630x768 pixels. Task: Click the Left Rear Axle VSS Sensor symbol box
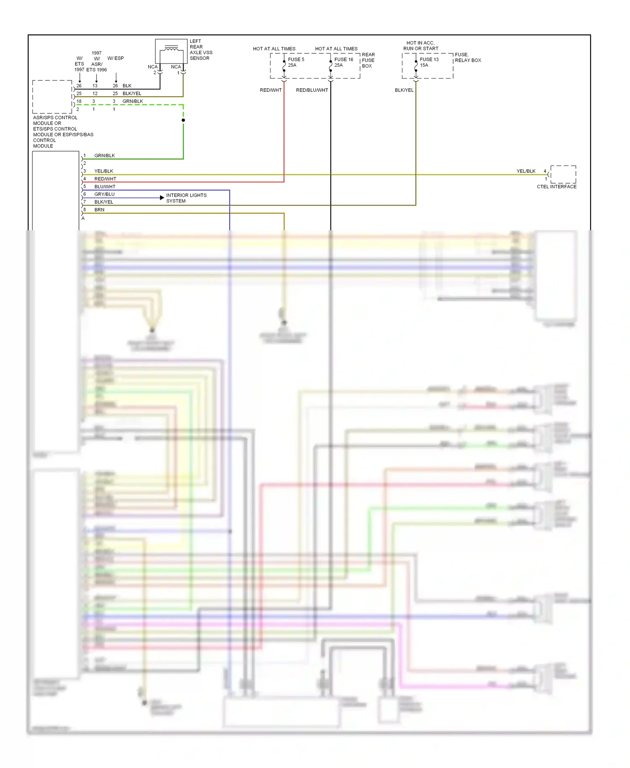click(x=171, y=51)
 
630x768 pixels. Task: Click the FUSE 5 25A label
click(x=296, y=62)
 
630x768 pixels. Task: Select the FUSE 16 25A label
click(x=343, y=62)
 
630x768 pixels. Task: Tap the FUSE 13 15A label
click(x=429, y=62)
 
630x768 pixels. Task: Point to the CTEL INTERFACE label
click(x=556, y=187)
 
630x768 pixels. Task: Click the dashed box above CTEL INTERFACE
click(x=563, y=174)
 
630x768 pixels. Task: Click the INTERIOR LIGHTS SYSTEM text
click(x=186, y=198)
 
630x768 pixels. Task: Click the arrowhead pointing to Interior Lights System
click(x=162, y=197)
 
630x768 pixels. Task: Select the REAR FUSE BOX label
click(x=368, y=60)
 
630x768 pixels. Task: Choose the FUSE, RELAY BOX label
click(x=467, y=58)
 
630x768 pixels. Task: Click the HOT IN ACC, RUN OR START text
click(x=420, y=46)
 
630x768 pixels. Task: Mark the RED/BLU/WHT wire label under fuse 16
click(x=312, y=90)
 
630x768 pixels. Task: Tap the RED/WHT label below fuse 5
click(x=270, y=90)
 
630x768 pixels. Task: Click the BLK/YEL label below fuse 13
click(x=404, y=90)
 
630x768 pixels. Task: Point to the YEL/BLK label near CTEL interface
click(x=526, y=171)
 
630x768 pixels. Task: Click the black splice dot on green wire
click(x=183, y=120)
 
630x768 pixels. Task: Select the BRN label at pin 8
click(x=99, y=210)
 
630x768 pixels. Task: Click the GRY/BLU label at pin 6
click(x=104, y=194)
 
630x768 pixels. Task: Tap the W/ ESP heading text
click(x=115, y=58)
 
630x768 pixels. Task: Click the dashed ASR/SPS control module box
click(x=52, y=97)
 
